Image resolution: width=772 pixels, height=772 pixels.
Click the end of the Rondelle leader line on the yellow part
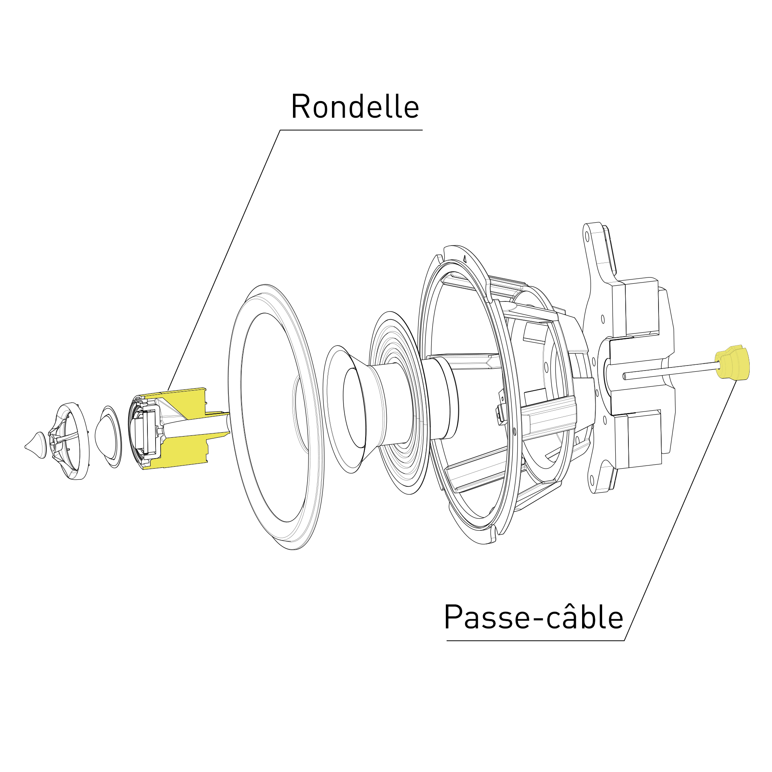[168, 390]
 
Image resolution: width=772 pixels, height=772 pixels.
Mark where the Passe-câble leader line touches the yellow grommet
[737, 381]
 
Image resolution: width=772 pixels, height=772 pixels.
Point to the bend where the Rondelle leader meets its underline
[280, 130]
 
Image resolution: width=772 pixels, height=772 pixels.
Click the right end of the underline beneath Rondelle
[422, 130]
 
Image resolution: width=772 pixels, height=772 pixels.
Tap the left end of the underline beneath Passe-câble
[447, 641]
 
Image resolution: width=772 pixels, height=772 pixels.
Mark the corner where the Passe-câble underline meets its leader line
[624, 641]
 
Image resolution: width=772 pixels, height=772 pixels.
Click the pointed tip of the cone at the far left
[25, 447]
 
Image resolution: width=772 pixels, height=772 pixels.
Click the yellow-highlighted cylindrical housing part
[179, 428]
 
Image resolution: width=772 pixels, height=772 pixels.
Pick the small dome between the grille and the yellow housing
[108, 437]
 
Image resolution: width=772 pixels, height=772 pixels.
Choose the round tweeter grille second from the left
[69, 441]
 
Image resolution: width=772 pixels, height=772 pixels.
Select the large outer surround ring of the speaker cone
[276, 417]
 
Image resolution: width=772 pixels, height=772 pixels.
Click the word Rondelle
[355, 106]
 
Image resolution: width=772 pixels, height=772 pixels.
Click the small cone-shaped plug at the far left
[36, 445]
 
